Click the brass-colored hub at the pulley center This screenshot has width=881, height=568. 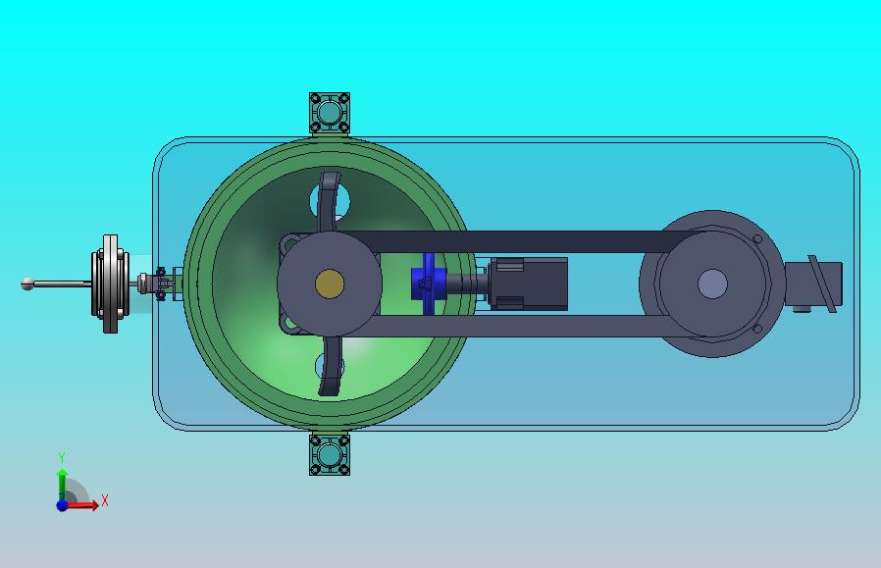[330, 284]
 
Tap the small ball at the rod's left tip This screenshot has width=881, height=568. [26, 284]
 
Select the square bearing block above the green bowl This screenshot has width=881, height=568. [330, 113]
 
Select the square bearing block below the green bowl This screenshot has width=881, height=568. [330, 454]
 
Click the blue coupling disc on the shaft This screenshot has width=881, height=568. [428, 284]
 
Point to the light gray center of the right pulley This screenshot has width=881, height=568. [712, 284]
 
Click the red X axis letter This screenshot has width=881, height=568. [105, 500]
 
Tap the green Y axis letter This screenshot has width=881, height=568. [62, 457]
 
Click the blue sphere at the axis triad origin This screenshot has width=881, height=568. [62, 505]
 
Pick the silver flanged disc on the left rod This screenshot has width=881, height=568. [110, 284]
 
